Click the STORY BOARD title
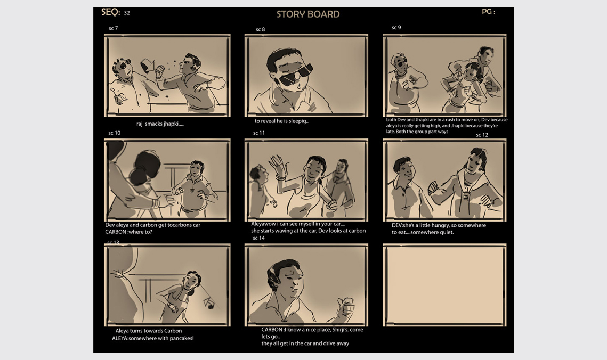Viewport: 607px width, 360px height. (307, 14)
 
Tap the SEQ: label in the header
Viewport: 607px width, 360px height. (111, 12)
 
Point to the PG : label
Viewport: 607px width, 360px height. (489, 12)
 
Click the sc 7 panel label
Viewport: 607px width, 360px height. (113, 28)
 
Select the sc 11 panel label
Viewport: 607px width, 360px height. (259, 133)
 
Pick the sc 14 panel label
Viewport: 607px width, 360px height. (258, 238)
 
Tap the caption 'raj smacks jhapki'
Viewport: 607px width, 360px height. (160, 124)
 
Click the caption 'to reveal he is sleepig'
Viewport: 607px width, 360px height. (281, 121)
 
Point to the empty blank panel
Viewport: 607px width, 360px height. (444, 285)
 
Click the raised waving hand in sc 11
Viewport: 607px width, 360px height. (278, 165)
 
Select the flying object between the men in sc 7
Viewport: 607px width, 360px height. (147, 66)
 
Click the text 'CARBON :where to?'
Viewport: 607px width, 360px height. (128, 232)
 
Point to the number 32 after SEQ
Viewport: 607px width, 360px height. (127, 13)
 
